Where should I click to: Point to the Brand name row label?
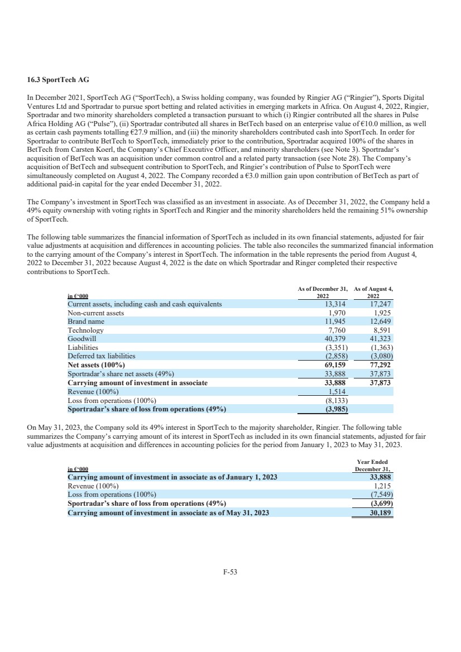(x=86, y=322)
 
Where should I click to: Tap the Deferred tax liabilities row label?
(x=102, y=356)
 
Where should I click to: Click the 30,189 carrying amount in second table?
(x=382, y=512)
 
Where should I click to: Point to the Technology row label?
(x=85, y=330)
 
